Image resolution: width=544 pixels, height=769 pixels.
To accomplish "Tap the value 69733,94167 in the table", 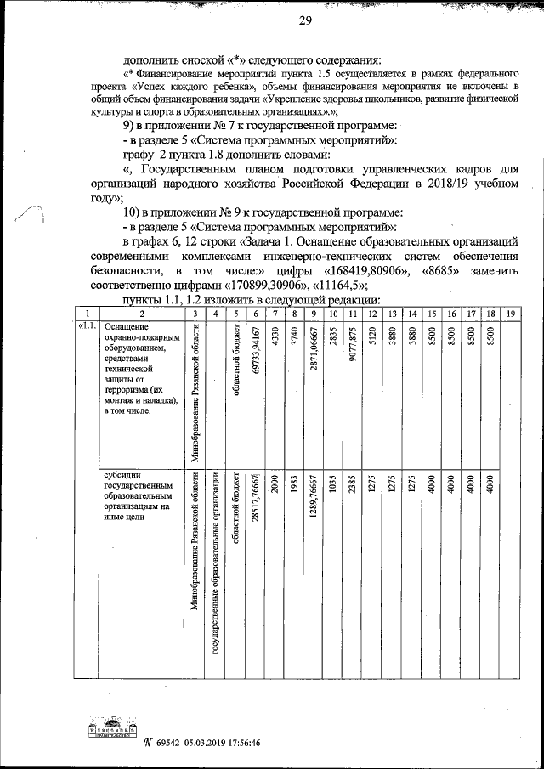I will [257, 351].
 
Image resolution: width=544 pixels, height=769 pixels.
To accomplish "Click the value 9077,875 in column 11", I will [351, 346].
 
